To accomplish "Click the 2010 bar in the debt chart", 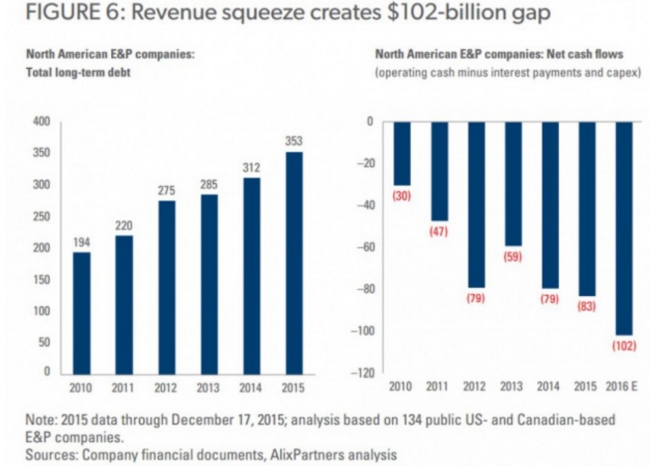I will coord(82,312).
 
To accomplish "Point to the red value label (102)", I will coord(623,346).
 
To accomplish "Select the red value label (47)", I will coord(438,232).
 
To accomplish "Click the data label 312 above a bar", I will coord(251,168).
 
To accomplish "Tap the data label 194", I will coord(82,242).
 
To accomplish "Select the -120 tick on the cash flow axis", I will coord(361,373).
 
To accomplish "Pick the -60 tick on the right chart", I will coord(364,247).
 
